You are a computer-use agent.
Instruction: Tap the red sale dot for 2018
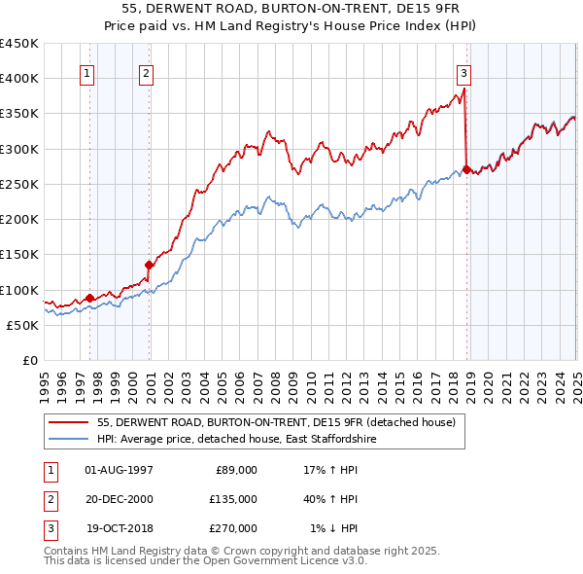466,169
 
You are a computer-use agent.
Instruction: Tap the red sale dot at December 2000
150,265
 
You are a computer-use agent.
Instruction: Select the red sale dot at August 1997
89,298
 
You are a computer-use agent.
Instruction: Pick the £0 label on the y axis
29,360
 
